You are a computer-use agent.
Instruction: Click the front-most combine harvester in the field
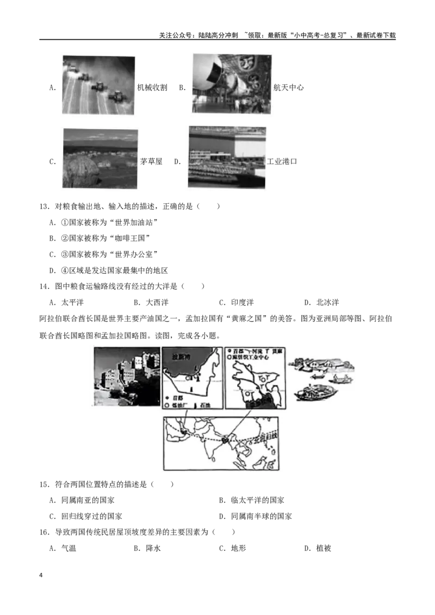[116, 96]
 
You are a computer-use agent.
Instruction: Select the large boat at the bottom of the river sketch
[312, 393]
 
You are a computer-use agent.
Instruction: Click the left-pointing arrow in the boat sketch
[316, 374]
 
